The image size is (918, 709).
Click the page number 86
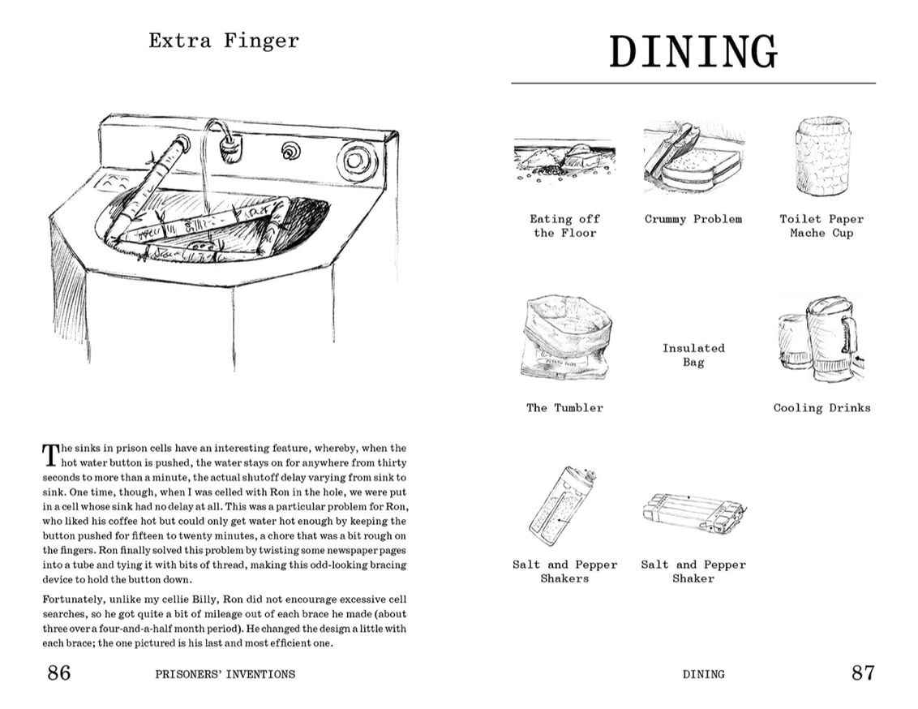[x=58, y=672]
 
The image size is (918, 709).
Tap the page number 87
[x=862, y=672]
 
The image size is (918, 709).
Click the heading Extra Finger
[x=224, y=41]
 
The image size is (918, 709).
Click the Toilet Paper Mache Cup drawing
[x=822, y=157]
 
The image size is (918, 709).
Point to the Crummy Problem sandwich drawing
[x=693, y=157]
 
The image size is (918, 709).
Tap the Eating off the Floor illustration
[x=564, y=158]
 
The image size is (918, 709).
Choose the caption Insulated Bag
[x=693, y=355]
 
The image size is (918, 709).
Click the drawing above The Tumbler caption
[x=564, y=337]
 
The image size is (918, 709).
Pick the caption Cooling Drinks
[x=821, y=408]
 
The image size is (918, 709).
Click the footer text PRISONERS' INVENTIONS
[x=224, y=673]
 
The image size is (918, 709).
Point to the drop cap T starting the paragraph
[x=50, y=454]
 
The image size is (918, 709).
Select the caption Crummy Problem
[x=693, y=219]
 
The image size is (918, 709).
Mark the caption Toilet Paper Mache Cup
[x=821, y=226]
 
